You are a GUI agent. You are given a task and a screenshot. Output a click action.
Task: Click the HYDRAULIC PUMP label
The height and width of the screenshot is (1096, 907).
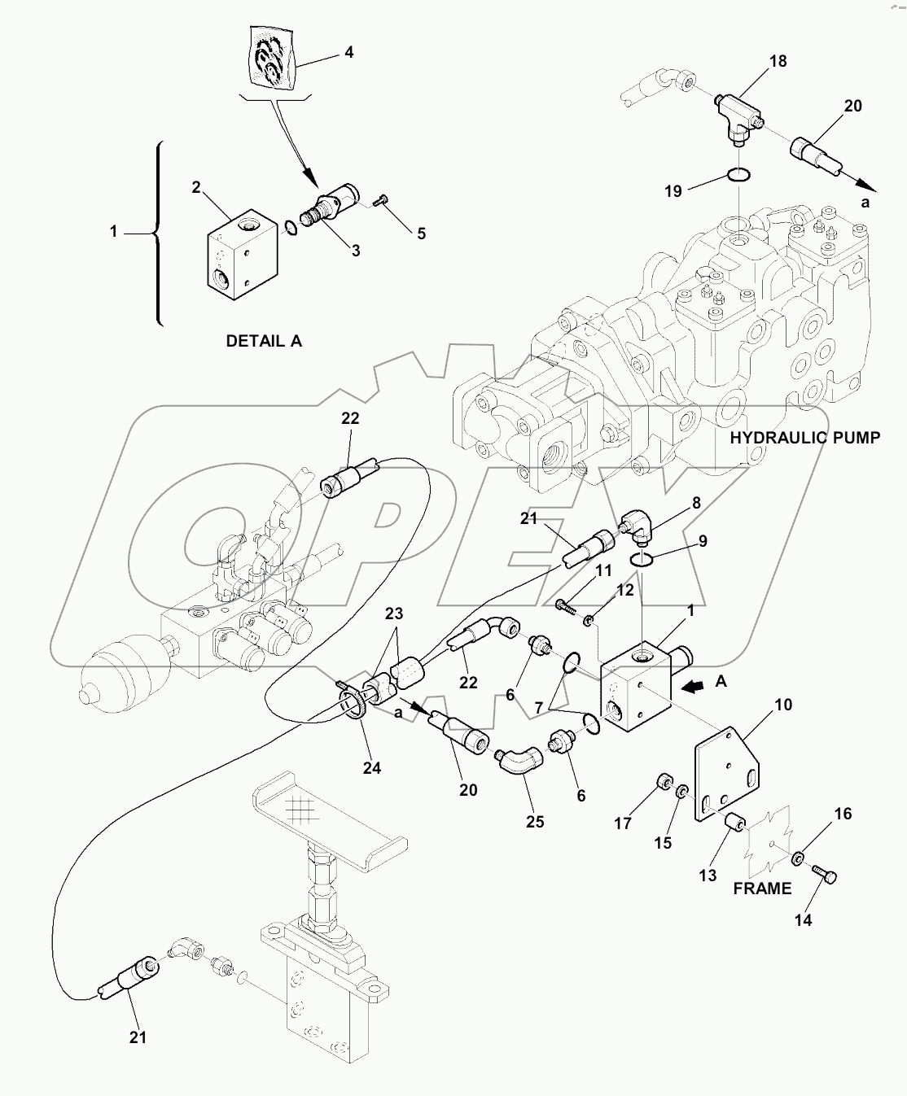(x=804, y=438)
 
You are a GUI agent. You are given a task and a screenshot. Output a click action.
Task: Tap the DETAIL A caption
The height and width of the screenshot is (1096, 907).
(x=264, y=342)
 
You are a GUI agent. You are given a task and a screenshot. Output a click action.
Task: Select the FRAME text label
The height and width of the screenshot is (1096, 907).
(x=762, y=889)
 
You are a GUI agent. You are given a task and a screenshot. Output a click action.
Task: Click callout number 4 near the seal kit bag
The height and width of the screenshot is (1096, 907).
(x=348, y=53)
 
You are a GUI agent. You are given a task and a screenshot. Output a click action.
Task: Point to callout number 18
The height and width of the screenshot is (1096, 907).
(x=778, y=61)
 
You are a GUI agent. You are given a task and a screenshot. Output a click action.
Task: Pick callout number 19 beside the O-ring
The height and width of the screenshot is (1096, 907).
(x=672, y=192)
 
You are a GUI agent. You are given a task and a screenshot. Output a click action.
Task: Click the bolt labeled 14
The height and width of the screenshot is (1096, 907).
(x=826, y=877)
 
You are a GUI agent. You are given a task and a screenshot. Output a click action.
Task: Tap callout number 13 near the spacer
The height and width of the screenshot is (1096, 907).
(x=708, y=875)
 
